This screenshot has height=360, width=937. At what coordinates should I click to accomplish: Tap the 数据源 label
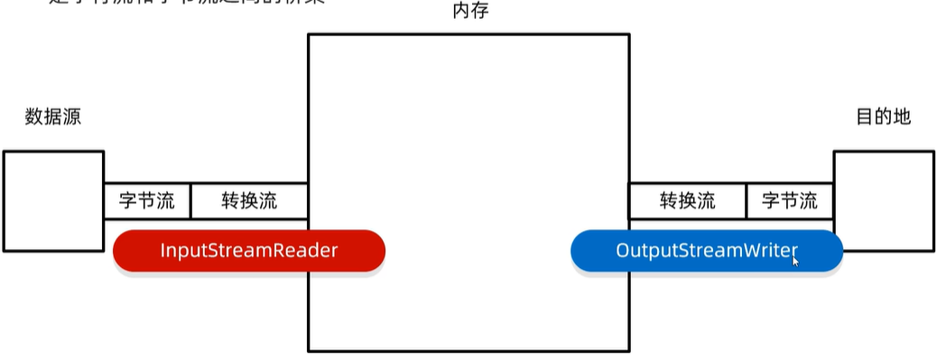(x=53, y=116)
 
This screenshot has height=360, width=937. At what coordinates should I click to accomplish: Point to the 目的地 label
(x=883, y=116)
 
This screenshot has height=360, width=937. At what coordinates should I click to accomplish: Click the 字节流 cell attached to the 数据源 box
(x=147, y=200)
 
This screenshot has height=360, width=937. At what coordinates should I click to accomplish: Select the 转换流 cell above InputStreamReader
(x=249, y=200)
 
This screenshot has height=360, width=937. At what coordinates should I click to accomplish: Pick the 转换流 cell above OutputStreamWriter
(x=687, y=200)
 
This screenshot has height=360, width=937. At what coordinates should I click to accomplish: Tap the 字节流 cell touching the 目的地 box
(x=789, y=200)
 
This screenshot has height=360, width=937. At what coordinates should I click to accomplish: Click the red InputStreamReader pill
(x=249, y=250)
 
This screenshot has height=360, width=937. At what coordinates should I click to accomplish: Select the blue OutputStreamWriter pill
(x=706, y=250)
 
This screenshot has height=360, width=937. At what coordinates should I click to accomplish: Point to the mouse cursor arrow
(x=795, y=261)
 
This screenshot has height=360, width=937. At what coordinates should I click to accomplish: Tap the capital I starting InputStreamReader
(x=162, y=250)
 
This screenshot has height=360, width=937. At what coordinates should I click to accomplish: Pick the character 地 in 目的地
(x=902, y=116)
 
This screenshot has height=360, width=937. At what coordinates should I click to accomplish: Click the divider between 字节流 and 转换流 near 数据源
(x=191, y=200)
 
